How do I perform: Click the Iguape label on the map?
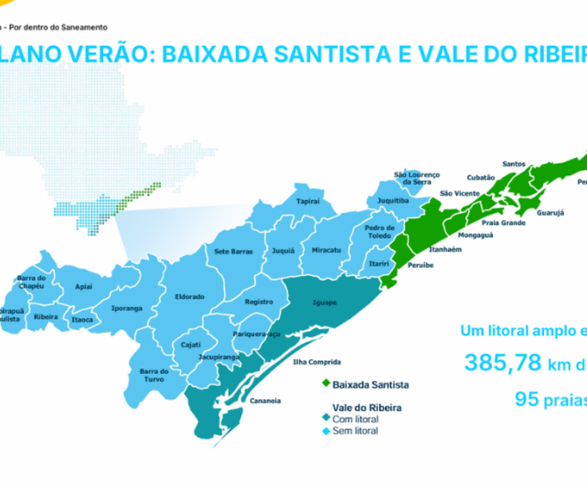coord(325,303)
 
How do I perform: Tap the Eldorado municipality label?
coord(190,297)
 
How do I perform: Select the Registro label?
coord(259,302)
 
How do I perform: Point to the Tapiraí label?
coord(308,201)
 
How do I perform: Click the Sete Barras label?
coord(233,252)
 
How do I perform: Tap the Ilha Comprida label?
coord(317,362)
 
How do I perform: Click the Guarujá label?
coord(550,213)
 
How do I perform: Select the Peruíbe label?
coord(421,265)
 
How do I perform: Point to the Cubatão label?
coord(481,177)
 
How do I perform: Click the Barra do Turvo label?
coord(154,375)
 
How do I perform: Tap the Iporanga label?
coord(127,308)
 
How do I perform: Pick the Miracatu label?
coord(327,250)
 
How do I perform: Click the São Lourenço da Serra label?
coord(417,178)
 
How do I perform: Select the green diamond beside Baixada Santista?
coord(326,384)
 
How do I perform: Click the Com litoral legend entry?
coord(355,419)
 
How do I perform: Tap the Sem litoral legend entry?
coord(355,431)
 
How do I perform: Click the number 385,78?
coord(503,363)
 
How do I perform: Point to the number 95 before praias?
coord(527,399)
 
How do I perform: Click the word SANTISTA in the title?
coord(313,54)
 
